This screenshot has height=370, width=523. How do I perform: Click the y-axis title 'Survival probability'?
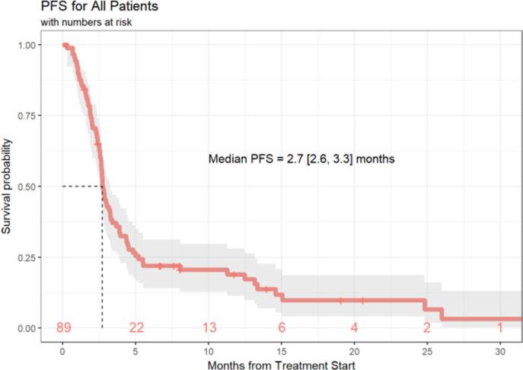[8, 187]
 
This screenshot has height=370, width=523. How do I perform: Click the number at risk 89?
[64, 328]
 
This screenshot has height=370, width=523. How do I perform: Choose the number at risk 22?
[136, 328]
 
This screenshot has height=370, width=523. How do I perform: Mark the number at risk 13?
[209, 328]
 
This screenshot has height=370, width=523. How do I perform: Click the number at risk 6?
[282, 328]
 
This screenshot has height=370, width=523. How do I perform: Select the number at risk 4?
[355, 328]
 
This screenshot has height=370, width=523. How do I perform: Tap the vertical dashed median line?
[102, 259]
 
